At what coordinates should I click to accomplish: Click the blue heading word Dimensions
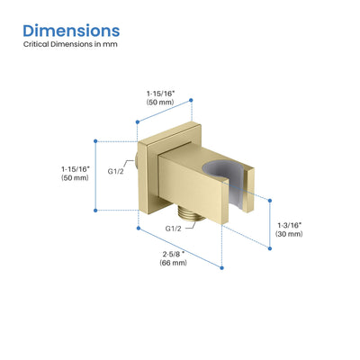[71, 31]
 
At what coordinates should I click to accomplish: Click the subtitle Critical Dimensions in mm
[70, 44]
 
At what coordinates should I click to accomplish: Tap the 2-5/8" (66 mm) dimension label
[173, 258]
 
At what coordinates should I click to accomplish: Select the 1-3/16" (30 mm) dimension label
[289, 229]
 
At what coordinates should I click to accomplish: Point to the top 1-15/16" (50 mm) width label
[160, 98]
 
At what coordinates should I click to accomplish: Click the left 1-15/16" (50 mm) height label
[75, 174]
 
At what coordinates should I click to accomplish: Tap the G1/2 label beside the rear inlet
[115, 172]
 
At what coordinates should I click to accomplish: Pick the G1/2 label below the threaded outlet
[174, 229]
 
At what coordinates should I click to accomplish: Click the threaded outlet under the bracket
[190, 213]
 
